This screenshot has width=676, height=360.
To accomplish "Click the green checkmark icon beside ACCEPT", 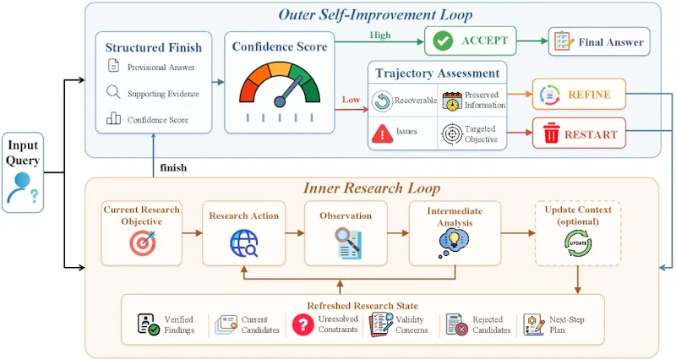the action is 443,41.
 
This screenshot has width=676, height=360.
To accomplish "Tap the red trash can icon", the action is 551,133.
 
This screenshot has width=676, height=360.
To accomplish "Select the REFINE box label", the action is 589,95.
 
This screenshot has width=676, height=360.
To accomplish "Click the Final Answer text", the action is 611,42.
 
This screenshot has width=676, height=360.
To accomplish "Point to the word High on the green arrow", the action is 379,35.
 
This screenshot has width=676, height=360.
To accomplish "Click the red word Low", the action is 351,100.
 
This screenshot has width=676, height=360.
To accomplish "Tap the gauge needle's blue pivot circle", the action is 280,101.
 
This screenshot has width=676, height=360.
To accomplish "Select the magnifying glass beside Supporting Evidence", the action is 113,92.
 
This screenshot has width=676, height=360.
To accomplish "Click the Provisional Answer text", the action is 161,68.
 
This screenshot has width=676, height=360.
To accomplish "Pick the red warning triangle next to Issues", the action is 382,134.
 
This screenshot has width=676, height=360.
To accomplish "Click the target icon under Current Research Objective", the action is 142,243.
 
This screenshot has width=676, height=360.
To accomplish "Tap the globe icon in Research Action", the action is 243,243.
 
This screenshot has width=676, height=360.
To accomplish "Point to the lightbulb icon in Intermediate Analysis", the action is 453,242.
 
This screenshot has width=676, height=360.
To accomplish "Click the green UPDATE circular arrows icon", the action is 578,243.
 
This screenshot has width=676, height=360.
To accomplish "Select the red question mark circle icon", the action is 303,325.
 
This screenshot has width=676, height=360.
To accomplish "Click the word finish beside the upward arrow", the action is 173,167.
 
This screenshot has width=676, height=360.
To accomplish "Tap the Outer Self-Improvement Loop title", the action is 375,15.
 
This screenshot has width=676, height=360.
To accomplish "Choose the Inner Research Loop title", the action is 372,188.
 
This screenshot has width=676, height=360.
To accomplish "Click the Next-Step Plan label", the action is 566,325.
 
